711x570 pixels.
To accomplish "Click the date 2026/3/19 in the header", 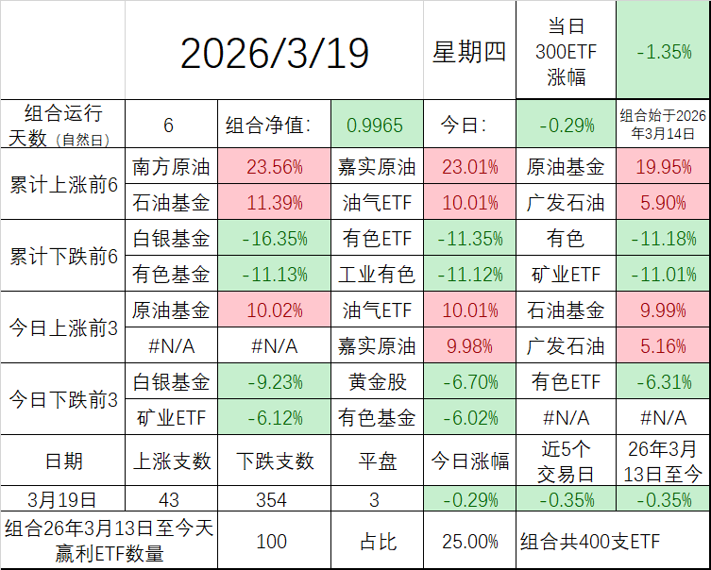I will click(x=274, y=53).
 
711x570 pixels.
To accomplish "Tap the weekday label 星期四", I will click(x=468, y=53).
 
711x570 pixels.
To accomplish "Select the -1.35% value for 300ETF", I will click(x=663, y=53).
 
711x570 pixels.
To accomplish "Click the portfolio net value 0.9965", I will click(x=376, y=125).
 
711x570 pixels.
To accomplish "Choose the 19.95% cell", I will click(x=663, y=168).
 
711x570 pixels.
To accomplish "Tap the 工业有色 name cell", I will click(x=376, y=275).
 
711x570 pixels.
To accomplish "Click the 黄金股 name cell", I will click(x=376, y=382).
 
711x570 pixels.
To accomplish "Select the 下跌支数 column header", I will click(x=274, y=461).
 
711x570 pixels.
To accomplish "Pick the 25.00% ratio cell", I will click(x=470, y=542).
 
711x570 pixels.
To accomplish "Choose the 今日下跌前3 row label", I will click(x=62, y=399).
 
